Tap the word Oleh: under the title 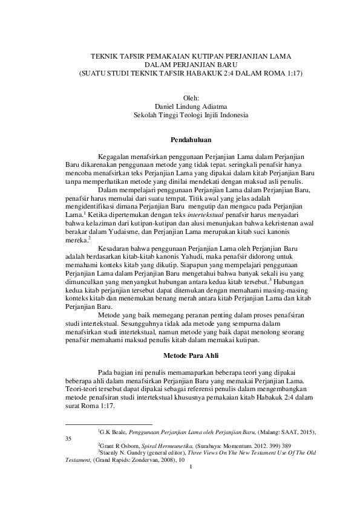click(191, 97)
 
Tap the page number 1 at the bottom click(191, 465)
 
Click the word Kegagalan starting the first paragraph click(114, 156)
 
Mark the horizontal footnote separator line click(109, 425)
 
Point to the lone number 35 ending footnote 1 click(69, 439)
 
